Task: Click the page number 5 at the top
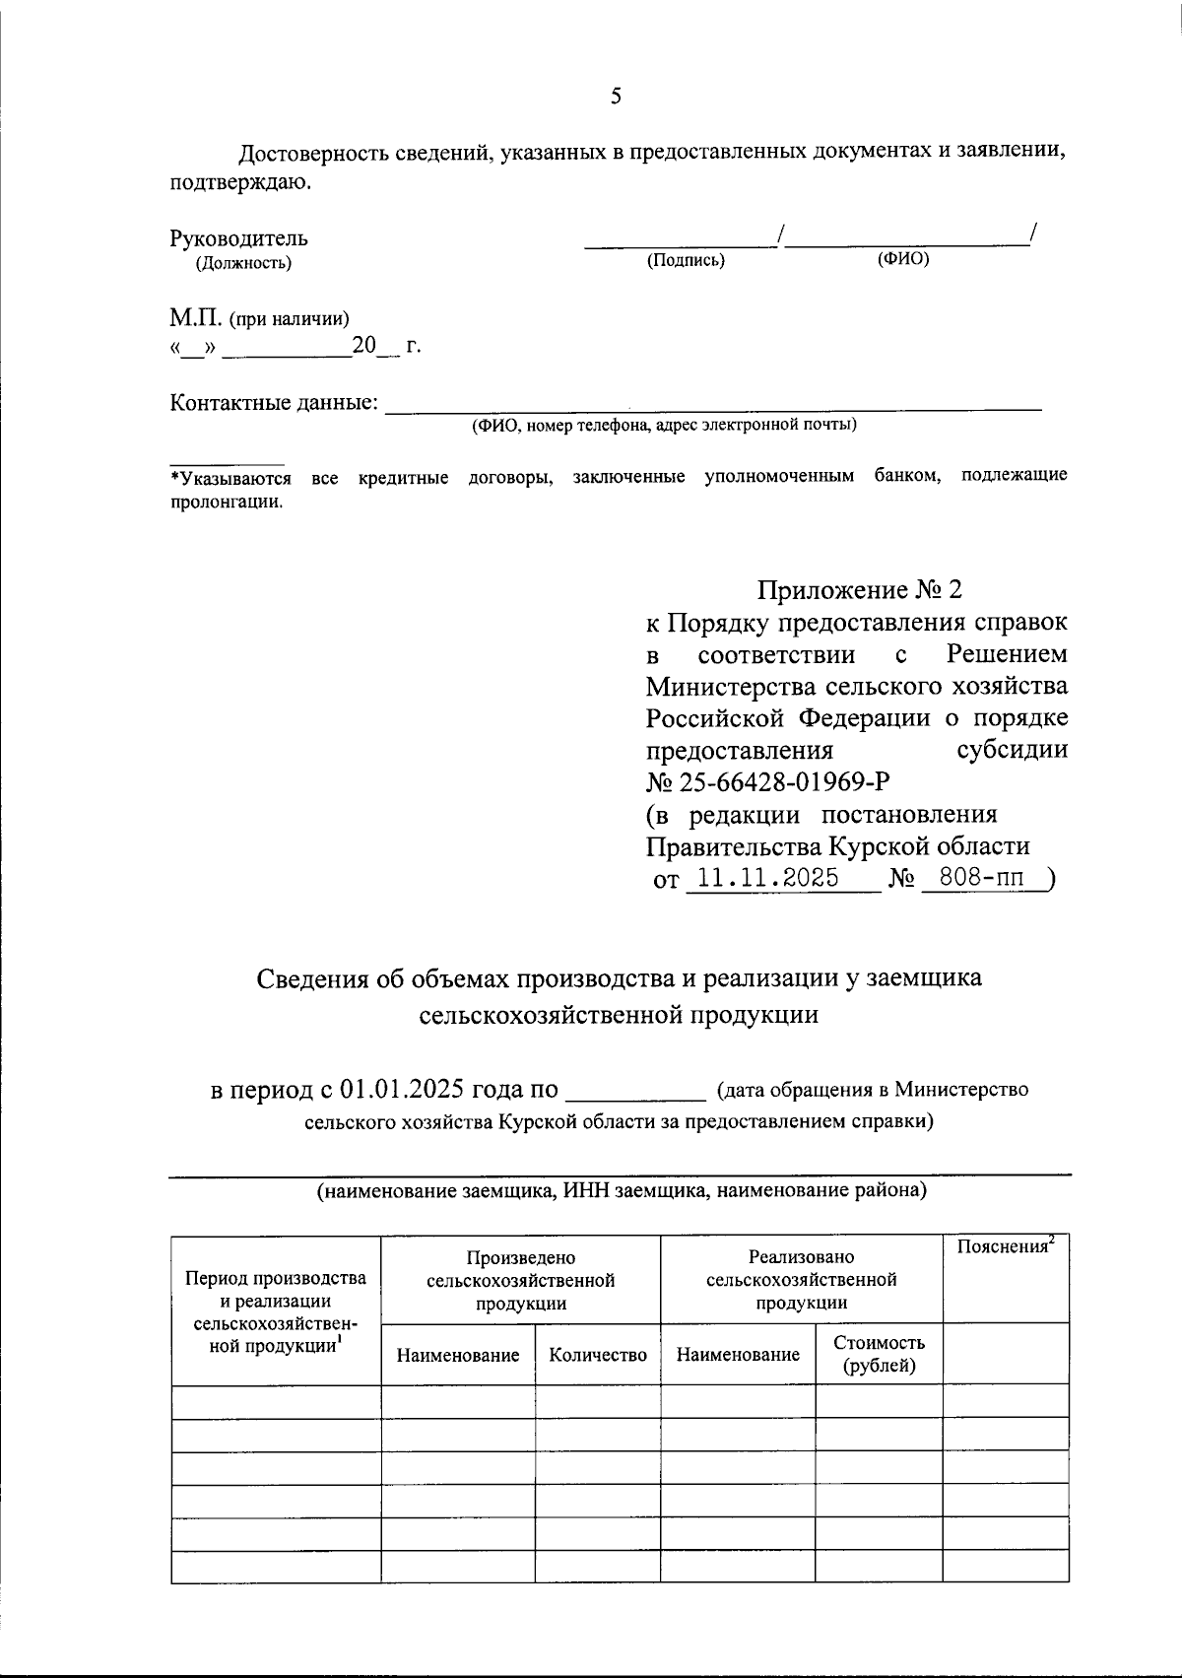617,96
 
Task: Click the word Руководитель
238,237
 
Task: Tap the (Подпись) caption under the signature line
686,261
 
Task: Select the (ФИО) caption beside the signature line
902,258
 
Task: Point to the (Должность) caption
243,262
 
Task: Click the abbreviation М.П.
196,318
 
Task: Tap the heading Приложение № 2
858,590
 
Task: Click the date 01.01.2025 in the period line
402,1090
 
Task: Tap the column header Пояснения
1005,1247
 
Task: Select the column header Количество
598,1355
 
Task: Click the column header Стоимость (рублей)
879,1354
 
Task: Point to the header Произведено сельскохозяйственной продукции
520,1280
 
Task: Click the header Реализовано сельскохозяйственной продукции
801,1280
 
